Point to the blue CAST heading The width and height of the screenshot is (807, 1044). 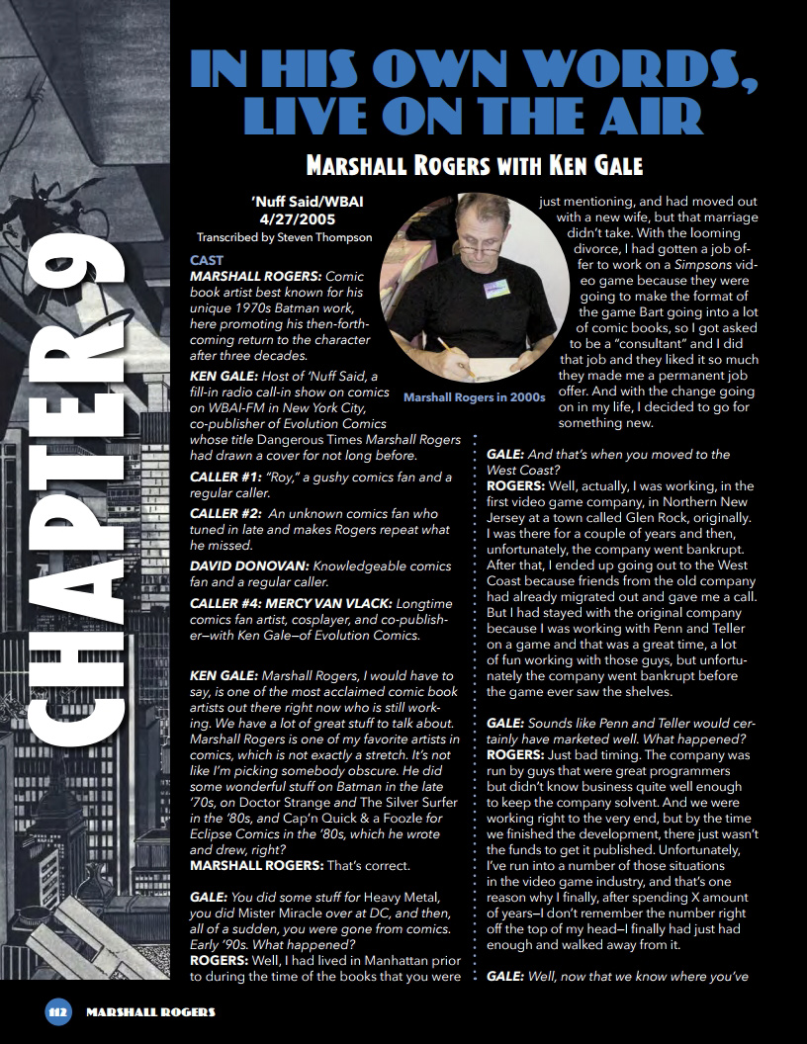click(x=207, y=260)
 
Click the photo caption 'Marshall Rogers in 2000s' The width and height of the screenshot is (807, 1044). click(x=475, y=397)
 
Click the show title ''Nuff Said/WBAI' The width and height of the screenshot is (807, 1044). click(x=294, y=203)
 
